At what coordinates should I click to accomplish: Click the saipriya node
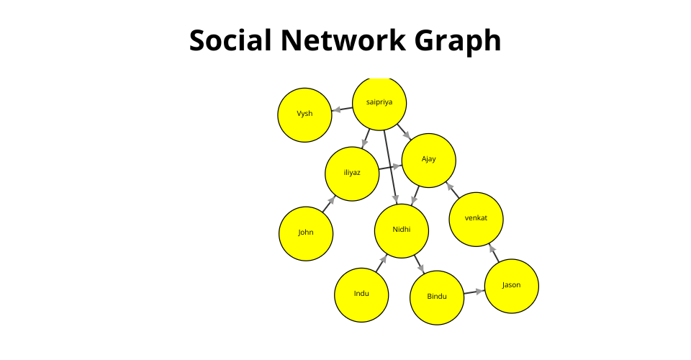pyautogui.click(x=379, y=104)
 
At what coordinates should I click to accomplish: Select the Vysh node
pyautogui.click(x=304, y=115)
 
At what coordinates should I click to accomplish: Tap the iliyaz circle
pyautogui.click(x=352, y=174)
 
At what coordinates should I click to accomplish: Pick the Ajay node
pyautogui.click(x=429, y=161)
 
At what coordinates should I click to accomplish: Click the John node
pyautogui.click(x=306, y=233)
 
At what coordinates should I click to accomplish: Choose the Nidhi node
pyautogui.click(x=402, y=231)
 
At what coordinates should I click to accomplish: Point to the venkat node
pyautogui.click(x=476, y=220)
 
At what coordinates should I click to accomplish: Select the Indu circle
pyautogui.click(x=361, y=295)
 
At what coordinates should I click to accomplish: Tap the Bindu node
pyautogui.click(x=437, y=298)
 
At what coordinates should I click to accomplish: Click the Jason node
pyautogui.click(x=512, y=287)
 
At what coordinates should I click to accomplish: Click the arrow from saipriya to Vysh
pyautogui.click(x=342, y=109)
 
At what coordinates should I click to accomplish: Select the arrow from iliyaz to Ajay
pyautogui.click(x=390, y=168)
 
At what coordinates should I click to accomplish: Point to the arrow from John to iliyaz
pyautogui.click(x=329, y=204)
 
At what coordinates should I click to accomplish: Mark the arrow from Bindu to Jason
pyautogui.click(x=474, y=292)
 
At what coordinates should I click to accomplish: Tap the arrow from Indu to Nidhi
pyautogui.click(x=381, y=264)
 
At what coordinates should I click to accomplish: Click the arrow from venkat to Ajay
pyautogui.click(x=452, y=190)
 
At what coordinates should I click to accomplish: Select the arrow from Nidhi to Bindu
pyautogui.click(x=419, y=264)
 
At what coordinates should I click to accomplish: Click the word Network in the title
pyautogui.click(x=343, y=40)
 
